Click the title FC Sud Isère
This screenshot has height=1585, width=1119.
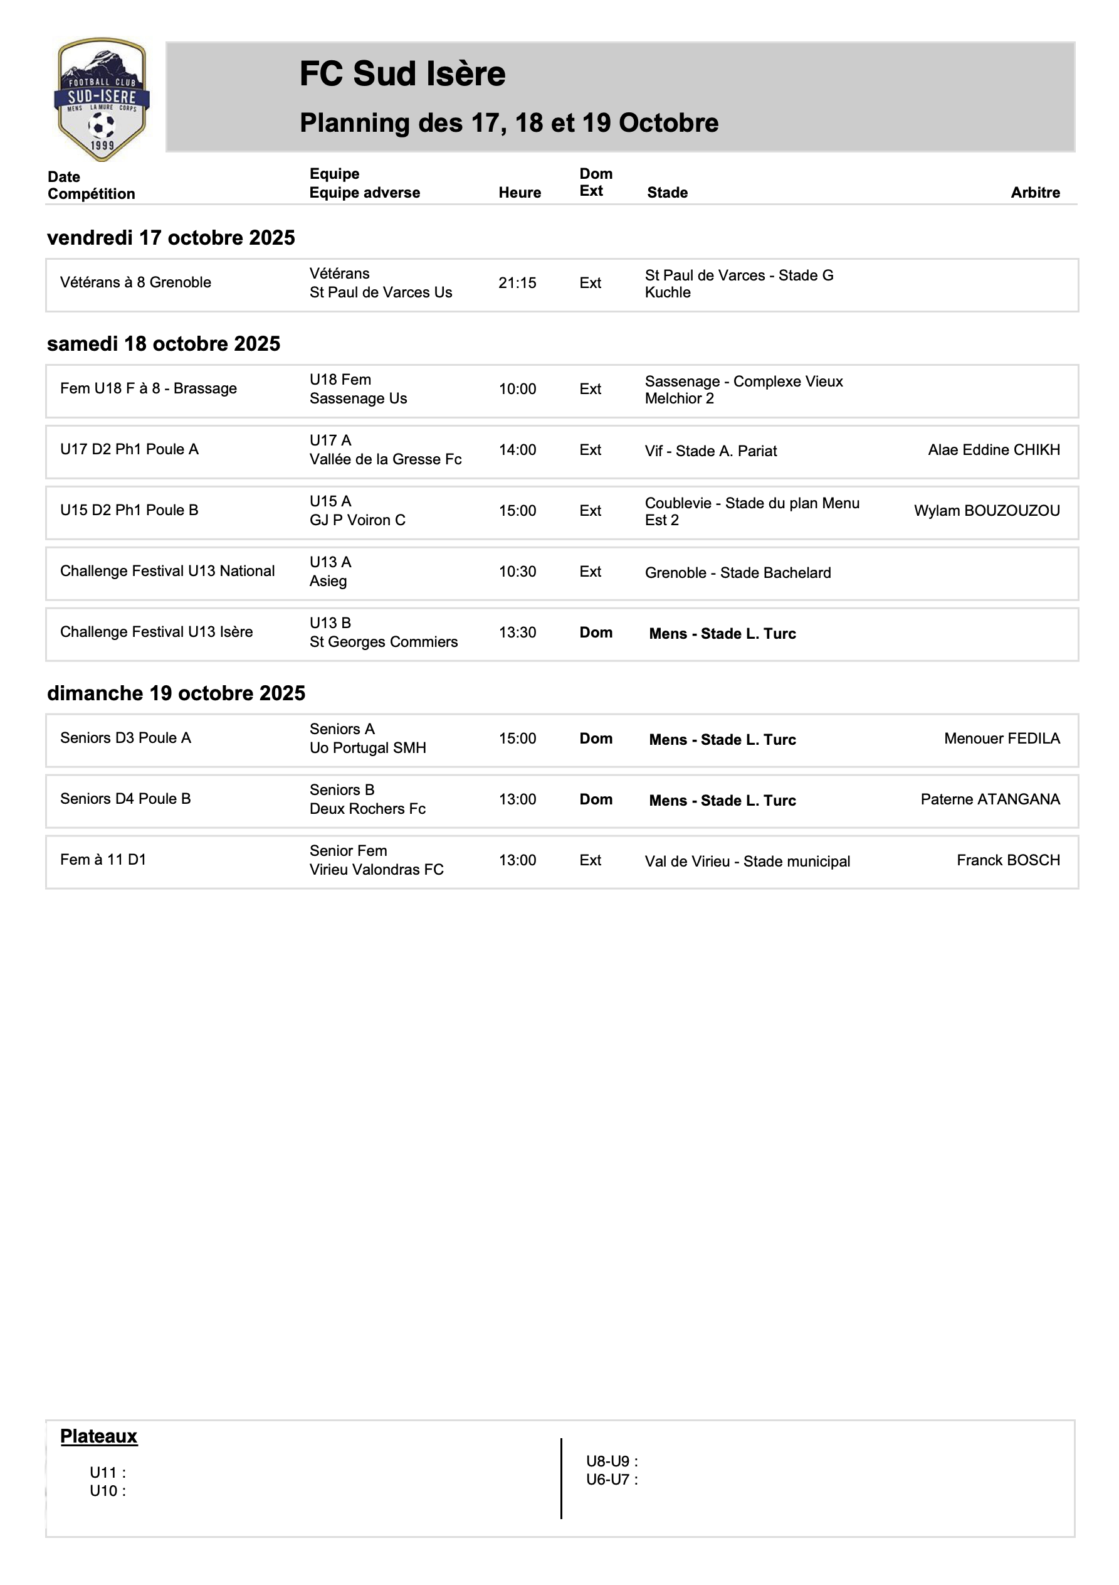pyautogui.click(x=402, y=74)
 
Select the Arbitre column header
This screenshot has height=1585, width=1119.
pyautogui.click(x=1035, y=193)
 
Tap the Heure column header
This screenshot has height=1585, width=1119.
pyautogui.click(x=520, y=193)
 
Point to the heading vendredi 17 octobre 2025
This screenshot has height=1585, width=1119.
pyautogui.click(x=171, y=237)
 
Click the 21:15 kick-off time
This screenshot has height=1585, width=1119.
pyautogui.click(x=517, y=283)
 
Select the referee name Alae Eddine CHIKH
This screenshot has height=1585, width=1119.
pyautogui.click(x=994, y=450)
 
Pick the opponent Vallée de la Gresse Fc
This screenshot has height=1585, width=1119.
pyautogui.click(x=386, y=459)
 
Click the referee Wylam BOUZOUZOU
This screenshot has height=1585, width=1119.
pyautogui.click(x=987, y=511)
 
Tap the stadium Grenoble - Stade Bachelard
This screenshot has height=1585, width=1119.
pyautogui.click(x=737, y=573)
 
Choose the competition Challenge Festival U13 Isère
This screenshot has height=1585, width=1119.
pyautogui.click(x=157, y=632)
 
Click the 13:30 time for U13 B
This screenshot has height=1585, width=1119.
pyautogui.click(x=517, y=632)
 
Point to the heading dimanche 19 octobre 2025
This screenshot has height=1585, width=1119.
pyautogui.click(x=176, y=693)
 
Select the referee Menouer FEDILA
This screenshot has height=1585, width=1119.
pyautogui.click(x=1002, y=739)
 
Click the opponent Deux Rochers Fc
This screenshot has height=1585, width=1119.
pyautogui.click(x=368, y=808)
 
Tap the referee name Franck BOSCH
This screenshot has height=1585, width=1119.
pyautogui.click(x=1008, y=860)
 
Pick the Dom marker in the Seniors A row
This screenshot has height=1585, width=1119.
pyautogui.click(x=596, y=739)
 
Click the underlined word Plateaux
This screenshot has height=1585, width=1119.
pyautogui.click(x=98, y=1436)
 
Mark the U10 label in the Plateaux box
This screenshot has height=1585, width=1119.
pyautogui.click(x=108, y=1490)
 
